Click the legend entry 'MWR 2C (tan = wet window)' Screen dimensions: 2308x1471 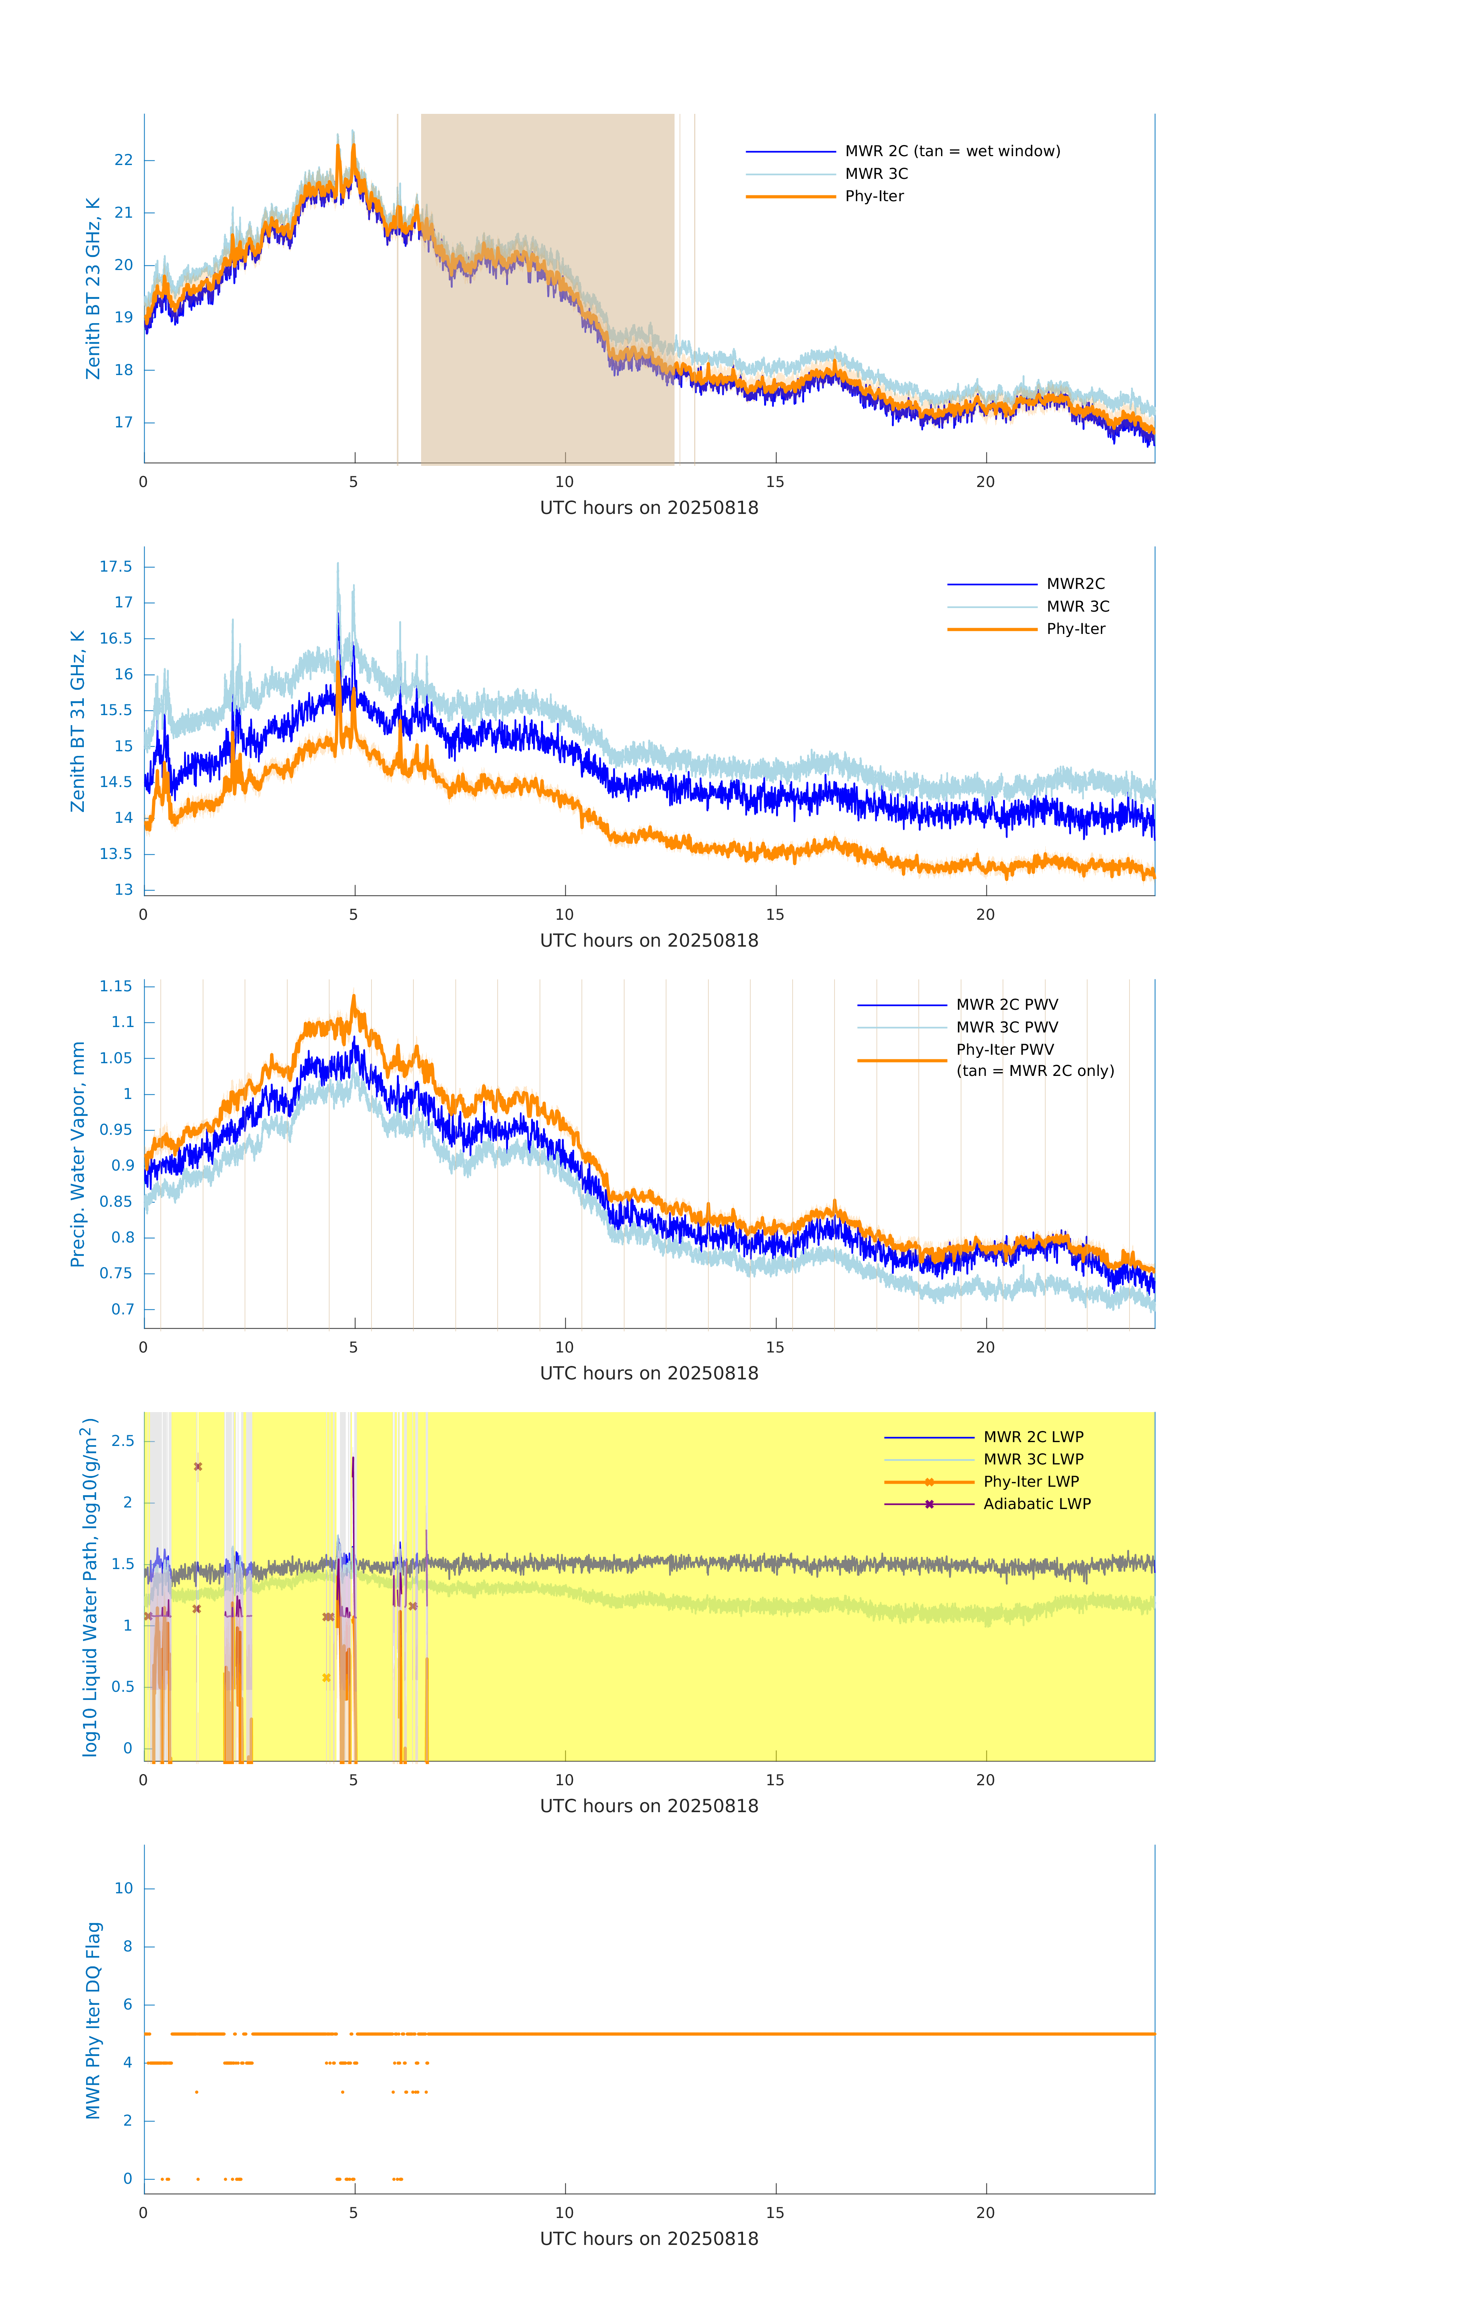[x=951, y=152]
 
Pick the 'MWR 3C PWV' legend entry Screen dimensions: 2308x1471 [x=1006, y=1027]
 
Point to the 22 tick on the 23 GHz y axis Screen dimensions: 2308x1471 [x=123, y=160]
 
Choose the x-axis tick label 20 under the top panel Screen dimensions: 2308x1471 [x=985, y=482]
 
